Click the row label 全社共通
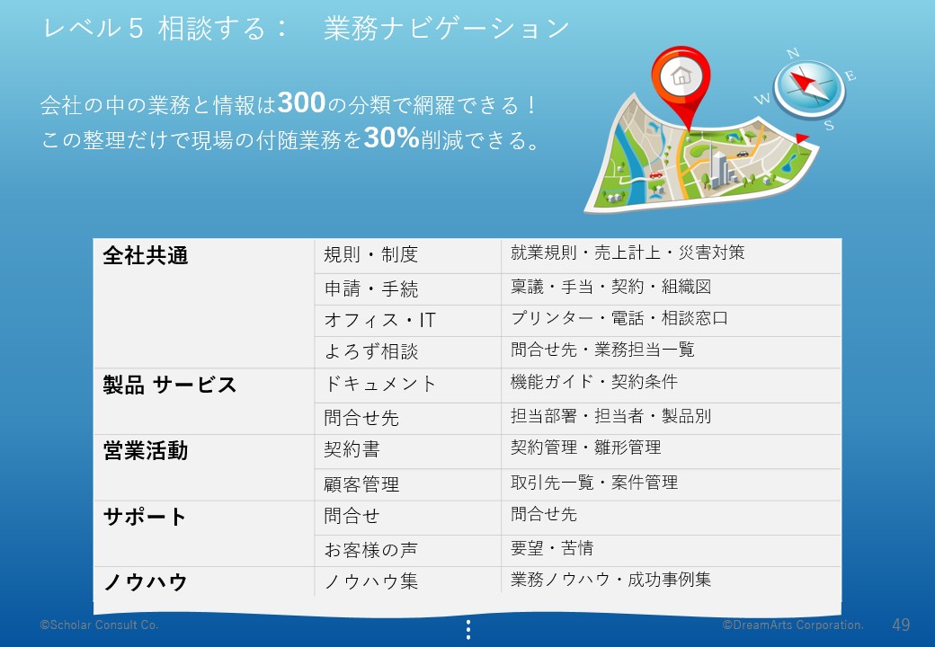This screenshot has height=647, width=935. point(146,255)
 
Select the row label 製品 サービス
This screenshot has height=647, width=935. point(170,385)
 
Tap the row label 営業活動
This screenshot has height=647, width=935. point(146,450)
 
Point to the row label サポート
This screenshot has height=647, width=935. point(145,517)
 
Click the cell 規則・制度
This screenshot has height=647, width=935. point(371,254)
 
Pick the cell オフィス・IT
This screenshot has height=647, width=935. point(379,320)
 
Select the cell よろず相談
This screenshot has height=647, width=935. point(371,351)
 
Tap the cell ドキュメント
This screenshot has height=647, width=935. point(379,384)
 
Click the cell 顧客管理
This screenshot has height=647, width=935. point(361,483)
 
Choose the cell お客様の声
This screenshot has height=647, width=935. point(371,549)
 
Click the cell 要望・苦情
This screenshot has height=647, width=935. point(552,547)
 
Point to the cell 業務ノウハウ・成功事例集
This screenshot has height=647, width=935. point(610,579)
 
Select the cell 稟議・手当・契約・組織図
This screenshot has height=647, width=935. point(610,287)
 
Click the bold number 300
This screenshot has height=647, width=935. point(301,102)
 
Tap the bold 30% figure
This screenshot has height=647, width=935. point(391,137)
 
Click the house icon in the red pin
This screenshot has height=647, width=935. point(681,76)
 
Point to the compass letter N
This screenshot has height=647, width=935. point(792,54)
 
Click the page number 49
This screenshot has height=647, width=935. point(901,625)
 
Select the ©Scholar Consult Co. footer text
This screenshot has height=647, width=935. point(99,625)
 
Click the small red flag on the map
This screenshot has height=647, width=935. point(802,138)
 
